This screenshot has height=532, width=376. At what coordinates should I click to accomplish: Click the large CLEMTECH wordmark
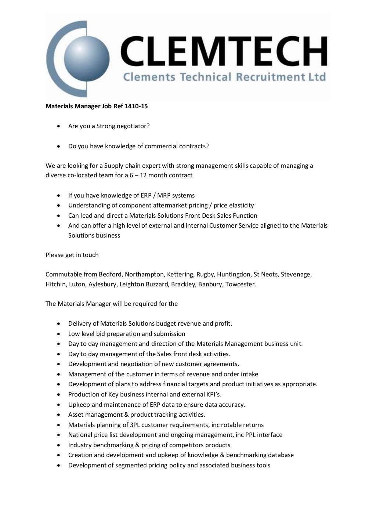click(x=224, y=51)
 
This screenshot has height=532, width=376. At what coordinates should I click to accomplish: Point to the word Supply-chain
click(x=122, y=166)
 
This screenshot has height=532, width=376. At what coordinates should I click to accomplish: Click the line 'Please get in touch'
click(x=72, y=255)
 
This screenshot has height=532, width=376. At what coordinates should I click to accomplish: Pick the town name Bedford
click(x=113, y=275)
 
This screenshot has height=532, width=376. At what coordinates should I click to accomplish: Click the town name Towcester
click(x=241, y=285)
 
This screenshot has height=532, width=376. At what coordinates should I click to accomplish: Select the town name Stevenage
click(x=296, y=275)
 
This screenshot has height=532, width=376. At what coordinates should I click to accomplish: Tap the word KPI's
click(x=212, y=395)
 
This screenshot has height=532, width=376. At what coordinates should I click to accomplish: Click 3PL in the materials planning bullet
click(x=135, y=425)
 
